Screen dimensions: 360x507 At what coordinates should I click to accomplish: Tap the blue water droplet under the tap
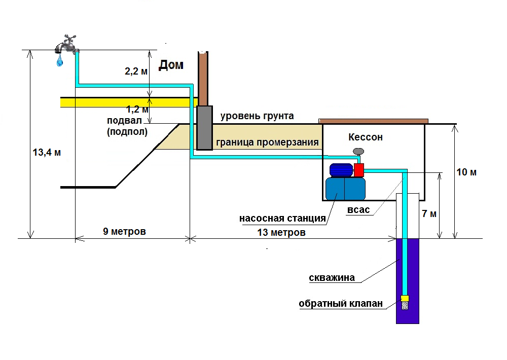pyautogui.click(x=60, y=61)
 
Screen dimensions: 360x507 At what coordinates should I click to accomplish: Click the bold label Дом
pyautogui.click(x=171, y=65)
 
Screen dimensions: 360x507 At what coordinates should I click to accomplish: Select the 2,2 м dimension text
pyautogui.click(x=136, y=71)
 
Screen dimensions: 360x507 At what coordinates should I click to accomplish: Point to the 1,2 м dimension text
pyautogui.click(x=137, y=109)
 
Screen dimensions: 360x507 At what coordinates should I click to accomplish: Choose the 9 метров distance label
pyautogui.click(x=124, y=232)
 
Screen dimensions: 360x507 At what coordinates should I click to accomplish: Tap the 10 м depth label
pyautogui.click(x=466, y=172)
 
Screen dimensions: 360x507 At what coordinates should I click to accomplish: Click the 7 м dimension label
pyautogui.click(x=429, y=213)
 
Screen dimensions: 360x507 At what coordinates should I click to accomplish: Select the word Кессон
pyautogui.click(x=366, y=137)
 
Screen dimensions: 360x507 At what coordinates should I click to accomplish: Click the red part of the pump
pyautogui.click(x=359, y=170)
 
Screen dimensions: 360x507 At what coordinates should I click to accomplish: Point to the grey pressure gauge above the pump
pyautogui.click(x=359, y=151)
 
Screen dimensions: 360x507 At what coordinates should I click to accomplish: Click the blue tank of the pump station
pyautogui.click(x=345, y=189)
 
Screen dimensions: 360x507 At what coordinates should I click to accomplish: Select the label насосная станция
pyautogui.click(x=282, y=219)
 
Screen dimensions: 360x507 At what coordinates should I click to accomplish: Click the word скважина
pyautogui.click(x=332, y=278)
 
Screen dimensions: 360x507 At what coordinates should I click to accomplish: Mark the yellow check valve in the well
pyautogui.click(x=405, y=298)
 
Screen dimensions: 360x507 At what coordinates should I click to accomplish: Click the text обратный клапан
pyautogui.click(x=340, y=304)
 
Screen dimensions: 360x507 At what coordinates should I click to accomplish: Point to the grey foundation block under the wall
pyautogui.click(x=204, y=128)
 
